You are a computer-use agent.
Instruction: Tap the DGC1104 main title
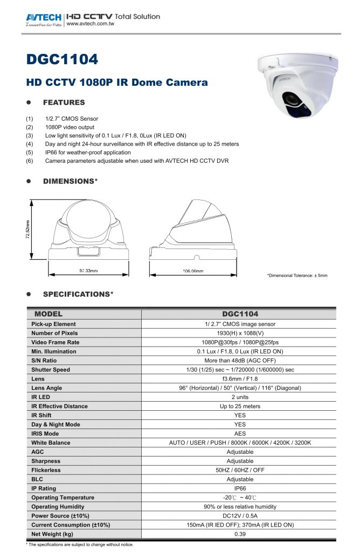coord(62,60)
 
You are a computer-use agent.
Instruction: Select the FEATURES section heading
coord(64,102)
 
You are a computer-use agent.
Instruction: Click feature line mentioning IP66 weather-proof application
coord(88,153)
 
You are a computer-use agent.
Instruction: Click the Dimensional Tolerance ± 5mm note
coord(297,276)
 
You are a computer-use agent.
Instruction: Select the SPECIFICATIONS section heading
coord(78,294)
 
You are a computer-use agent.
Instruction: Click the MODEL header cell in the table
coord(49,314)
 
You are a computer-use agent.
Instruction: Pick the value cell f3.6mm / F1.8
coord(240,379)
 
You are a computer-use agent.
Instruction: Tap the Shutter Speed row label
coord(51,370)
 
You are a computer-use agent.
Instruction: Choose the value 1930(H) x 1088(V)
coord(240,333)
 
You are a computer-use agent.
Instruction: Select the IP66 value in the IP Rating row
coord(240,488)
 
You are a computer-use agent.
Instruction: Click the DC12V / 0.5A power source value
coord(240,516)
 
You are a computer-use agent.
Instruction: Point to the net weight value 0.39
coord(240,534)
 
